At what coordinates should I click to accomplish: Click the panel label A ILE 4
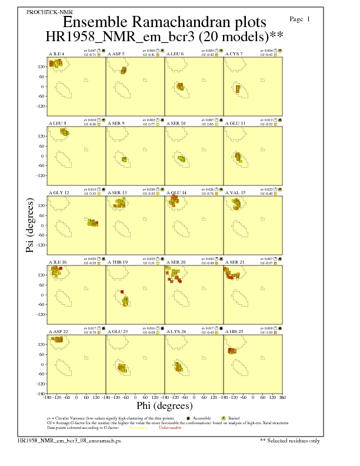click(x=56, y=54)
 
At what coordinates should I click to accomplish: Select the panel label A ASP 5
click(x=116, y=54)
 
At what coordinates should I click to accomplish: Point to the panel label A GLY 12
click(x=58, y=192)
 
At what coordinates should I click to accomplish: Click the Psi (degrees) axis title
click(x=29, y=225)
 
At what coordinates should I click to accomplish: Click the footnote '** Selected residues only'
click(x=290, y=440)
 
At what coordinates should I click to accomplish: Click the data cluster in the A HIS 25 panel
click(x=232, y=351)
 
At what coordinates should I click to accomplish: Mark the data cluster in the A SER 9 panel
click(x=124, y=159)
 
